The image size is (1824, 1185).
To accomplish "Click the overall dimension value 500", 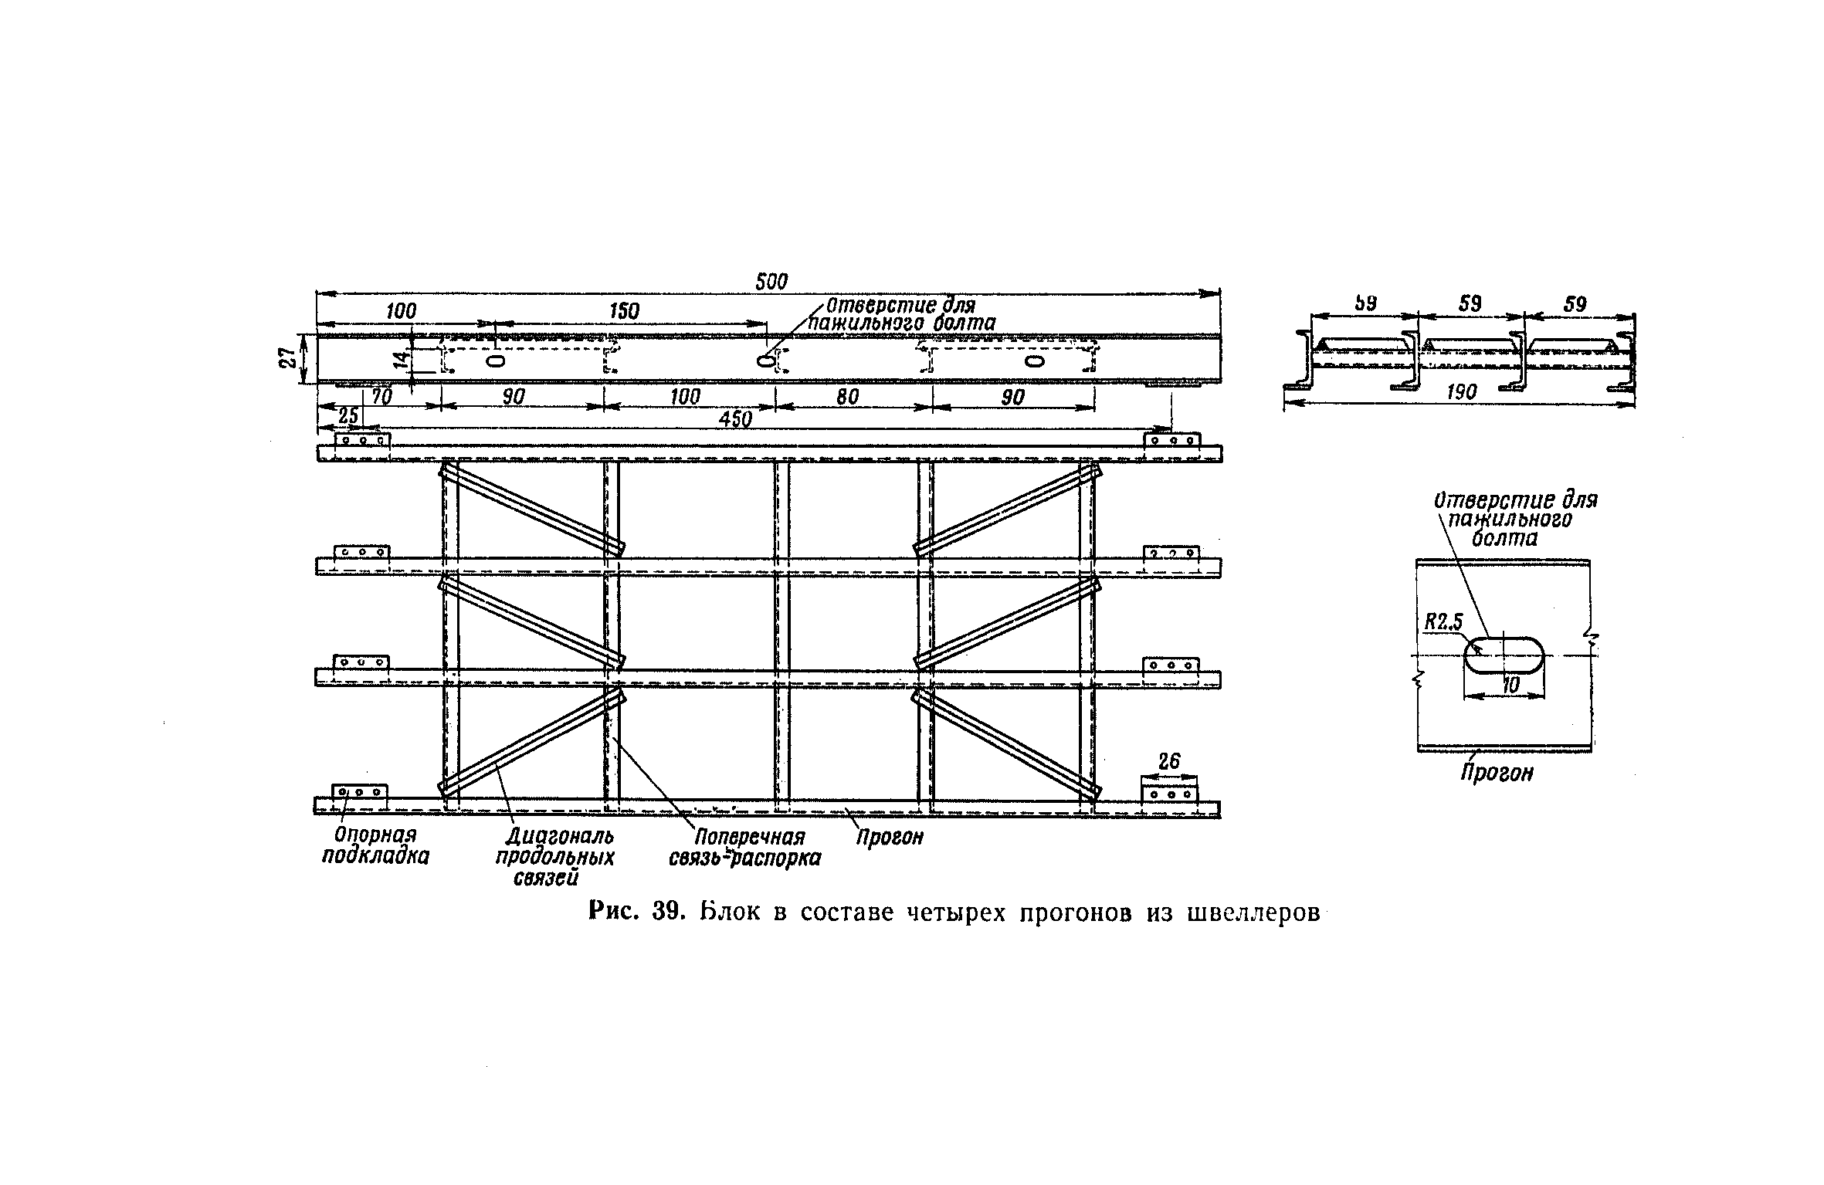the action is [771, 283].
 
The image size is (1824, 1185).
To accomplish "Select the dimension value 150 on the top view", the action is [624, 311].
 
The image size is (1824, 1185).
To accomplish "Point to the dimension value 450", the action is [735, 419].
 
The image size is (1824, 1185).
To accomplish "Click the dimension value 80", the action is [847, 397].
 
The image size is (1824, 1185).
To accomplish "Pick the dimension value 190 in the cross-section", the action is [1460, 392].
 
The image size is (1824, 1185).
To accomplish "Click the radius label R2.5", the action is [1443, 622].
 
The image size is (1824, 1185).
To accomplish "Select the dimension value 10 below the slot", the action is [1510, 684].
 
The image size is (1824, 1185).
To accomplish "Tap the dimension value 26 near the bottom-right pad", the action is [1169, 761].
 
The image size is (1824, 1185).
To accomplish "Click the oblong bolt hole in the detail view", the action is [1504, 655].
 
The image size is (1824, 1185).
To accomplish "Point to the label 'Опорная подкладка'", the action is [375, 845].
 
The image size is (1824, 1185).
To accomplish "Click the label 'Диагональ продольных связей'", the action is [554, 857].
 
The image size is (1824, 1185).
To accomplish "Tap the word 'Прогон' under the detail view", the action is [1496, 774].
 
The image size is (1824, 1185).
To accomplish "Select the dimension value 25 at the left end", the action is [348, 416].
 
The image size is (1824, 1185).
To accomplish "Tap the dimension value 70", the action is [381, 397].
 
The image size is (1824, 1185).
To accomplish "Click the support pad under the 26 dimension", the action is [1168, 794].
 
